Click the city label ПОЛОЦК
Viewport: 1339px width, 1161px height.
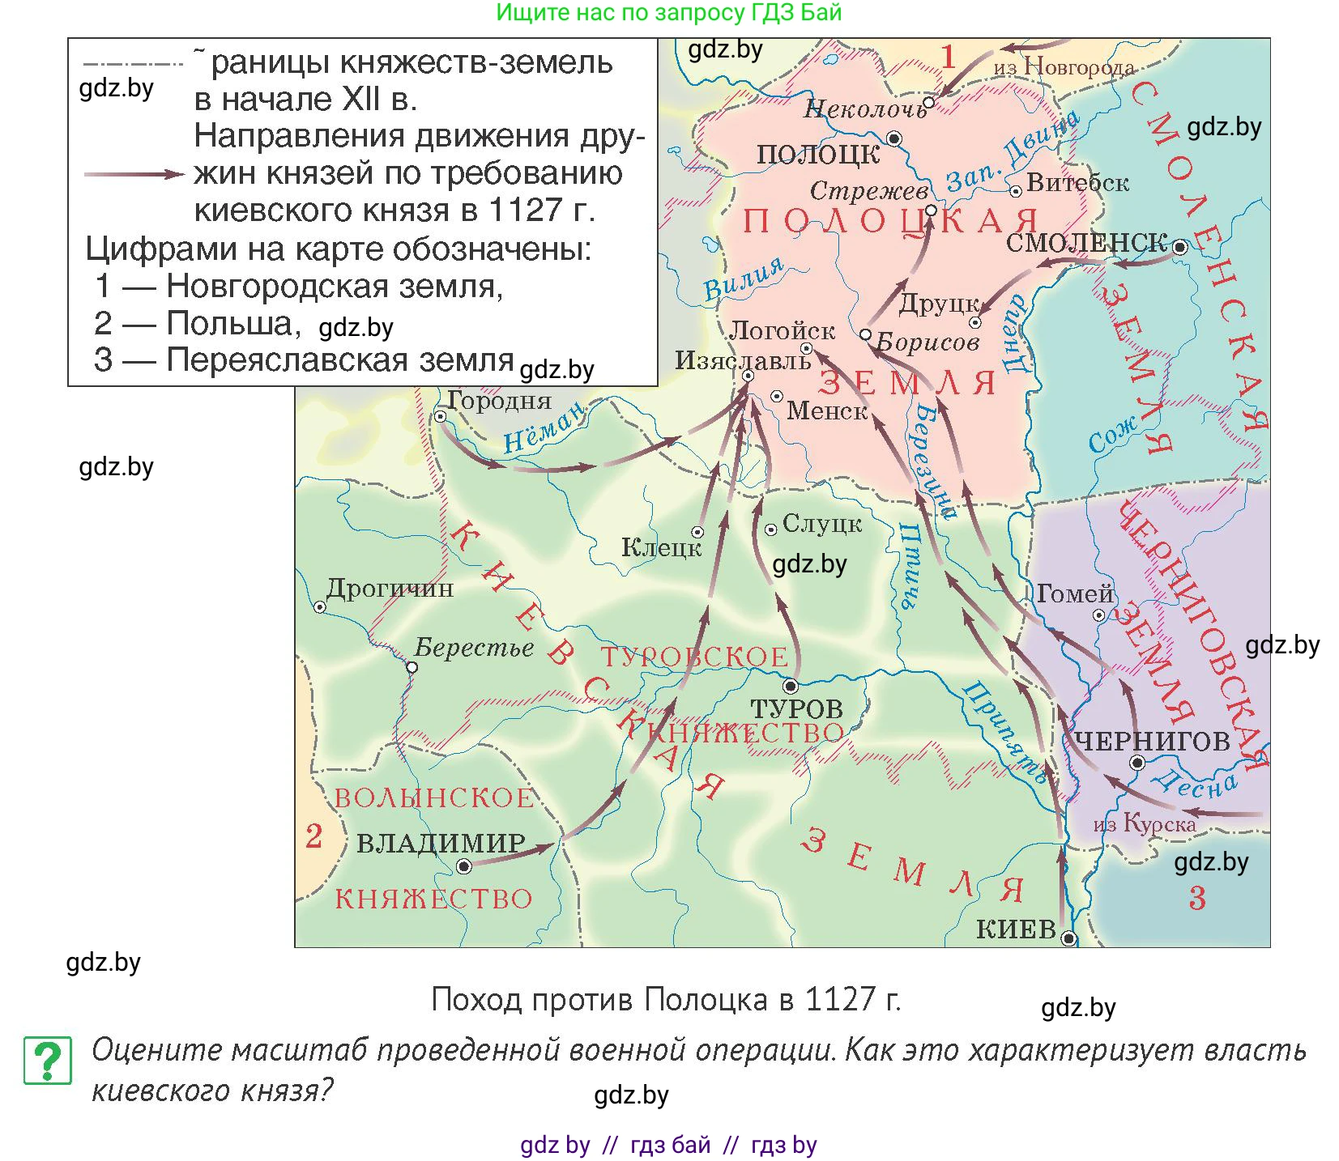(x=817, y=154)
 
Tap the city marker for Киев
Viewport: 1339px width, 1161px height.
(x=1068, y=939)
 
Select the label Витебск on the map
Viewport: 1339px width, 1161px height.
(x=1077, y=183)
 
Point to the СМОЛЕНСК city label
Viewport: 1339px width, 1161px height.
(x=1086, y=243)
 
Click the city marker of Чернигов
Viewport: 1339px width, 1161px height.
(x=1137, y=763)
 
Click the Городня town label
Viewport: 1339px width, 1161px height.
(x=499, y=401)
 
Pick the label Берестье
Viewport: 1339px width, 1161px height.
(x=474, y=648)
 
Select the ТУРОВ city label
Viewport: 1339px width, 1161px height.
(x=796, y=709)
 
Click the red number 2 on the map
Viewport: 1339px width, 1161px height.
(x=313, y=836)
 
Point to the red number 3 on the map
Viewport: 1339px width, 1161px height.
(x=1197, y=898)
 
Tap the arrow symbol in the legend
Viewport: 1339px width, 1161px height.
(x=134, y=174)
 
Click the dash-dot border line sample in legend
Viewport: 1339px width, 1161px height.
(x=133, y=63)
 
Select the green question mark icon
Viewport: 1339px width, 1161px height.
(x=48, y=1060)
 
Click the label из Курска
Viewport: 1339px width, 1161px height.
(x=1144, y=825)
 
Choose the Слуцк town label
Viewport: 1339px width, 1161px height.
(x=821, y=525)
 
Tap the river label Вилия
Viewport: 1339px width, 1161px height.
(x=743, y=278)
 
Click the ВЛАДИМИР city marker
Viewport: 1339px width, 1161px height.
(x=464, y=866)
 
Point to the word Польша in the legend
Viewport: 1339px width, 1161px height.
(x=229, y=324)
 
